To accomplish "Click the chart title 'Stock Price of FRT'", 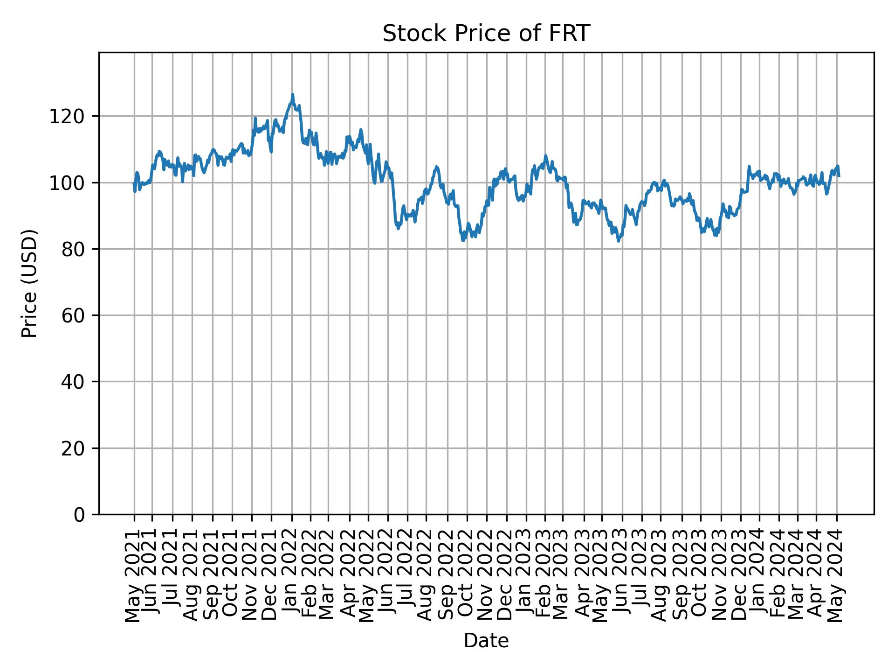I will tap(486, 34).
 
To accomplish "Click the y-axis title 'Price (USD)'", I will tap(30, 283).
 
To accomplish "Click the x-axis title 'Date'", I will tap(486, 641).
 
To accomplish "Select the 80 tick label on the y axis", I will tap(73, 249).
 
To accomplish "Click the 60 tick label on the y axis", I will tap(73, 315).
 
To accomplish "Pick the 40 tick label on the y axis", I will tap(73, 382).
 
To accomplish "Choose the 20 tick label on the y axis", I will tap(73, 448).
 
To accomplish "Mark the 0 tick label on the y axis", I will tap(79, 515).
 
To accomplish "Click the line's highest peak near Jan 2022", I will tap(293, 94).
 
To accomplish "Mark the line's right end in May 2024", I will tap(839, 176).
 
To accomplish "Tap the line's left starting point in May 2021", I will tap(134, 183).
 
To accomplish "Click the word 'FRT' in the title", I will tap(573, 34).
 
